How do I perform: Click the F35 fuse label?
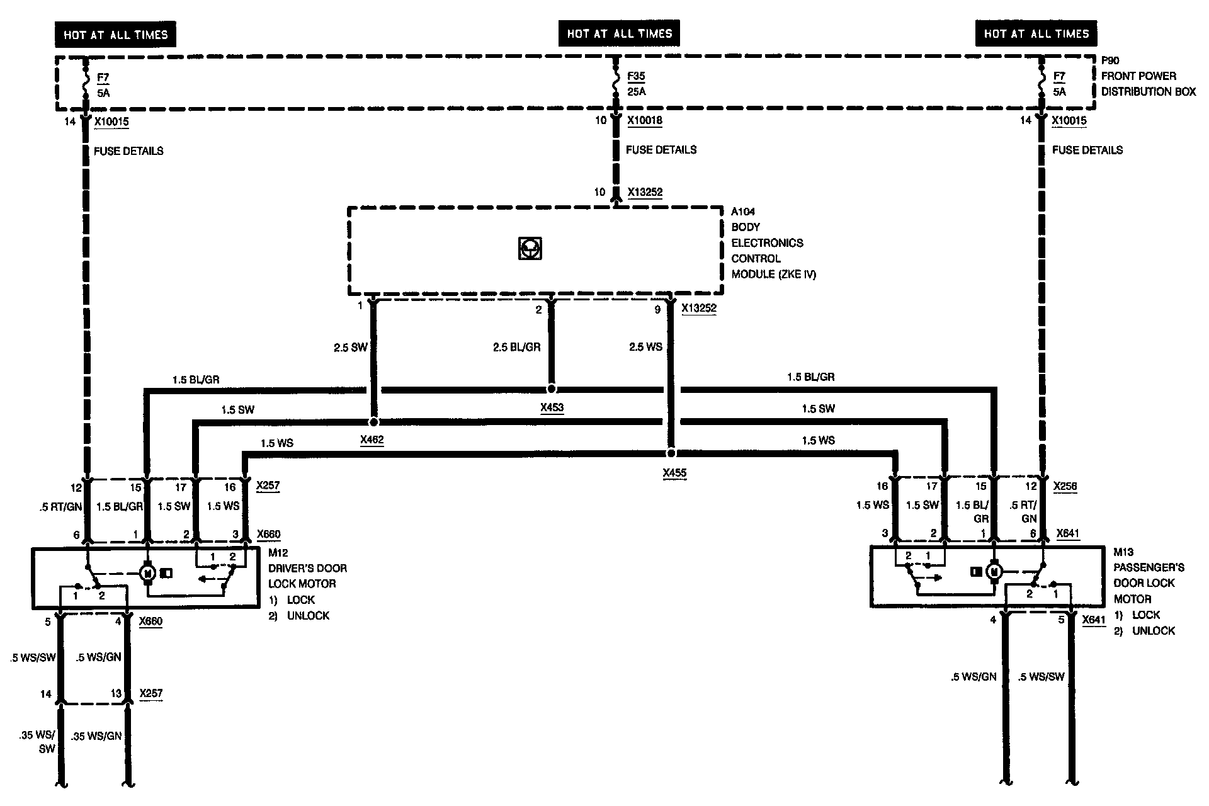point(636,76)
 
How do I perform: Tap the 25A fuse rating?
point(636,92)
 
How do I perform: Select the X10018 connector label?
point(645,120)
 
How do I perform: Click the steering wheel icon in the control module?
point(530,249)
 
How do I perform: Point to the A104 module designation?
point(743,212)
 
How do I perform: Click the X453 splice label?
point(552,407)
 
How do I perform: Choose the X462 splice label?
point(372,440)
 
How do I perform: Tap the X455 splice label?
point(674,473)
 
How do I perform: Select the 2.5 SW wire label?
point(350,347)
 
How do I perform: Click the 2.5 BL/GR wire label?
point(516,347)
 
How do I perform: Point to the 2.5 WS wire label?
point(645,347)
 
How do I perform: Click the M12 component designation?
point(278,553)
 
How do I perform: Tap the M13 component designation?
point(1123,552)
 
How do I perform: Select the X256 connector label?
point(1065,487)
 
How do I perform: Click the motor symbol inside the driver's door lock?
point(148,573)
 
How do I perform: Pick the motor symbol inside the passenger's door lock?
point(994,572)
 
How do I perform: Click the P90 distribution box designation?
point(1110,60)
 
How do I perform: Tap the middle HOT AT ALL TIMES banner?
point(620,33)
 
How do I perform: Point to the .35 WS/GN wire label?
point(96,735)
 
